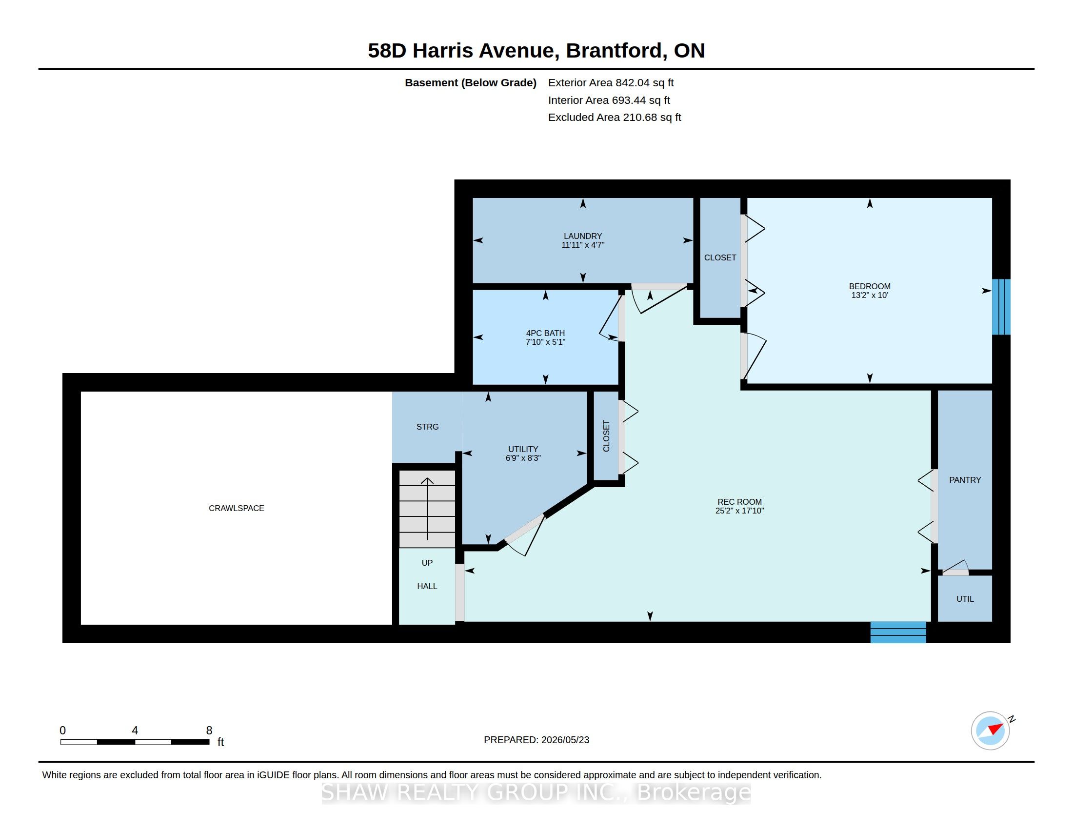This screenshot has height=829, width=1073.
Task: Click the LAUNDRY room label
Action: pyautogui.click(x=583, y=236)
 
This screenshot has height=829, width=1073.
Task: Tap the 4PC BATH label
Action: pyautogui.click(x=545, y=333)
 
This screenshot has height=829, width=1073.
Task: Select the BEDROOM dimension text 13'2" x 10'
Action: pyautogui.click(x=870, y=295)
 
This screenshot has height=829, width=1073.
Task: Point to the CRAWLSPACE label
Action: pyautogui.click(x=237, y=508)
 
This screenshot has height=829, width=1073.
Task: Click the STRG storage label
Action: pyautogui.click(x=427, y=427)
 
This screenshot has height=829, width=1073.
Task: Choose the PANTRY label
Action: pyautogui.click(x=965, y=480)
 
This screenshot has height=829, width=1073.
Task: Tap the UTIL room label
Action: pyautogui.click(x=965, y=599)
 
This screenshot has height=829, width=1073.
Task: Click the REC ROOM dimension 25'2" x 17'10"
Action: pyautogui.click(x=739, y=511)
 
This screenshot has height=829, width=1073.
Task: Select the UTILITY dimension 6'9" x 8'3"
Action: pyautogui.click(x=523, y=458)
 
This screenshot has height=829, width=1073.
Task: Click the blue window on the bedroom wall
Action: pyautogui.click(x=1001, y=307)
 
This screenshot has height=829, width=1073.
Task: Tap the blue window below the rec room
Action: pyautogui.click(x=898, y=632)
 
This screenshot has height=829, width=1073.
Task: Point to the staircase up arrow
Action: pyautogui.click(x=427, y=508)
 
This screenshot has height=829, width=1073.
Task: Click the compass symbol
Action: pyautogui.click(x=991, y=730)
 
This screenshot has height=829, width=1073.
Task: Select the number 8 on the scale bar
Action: pyautogui.click(x=209, y=730)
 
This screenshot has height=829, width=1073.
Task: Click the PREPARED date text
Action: pyautogui.click(x=536, y=740)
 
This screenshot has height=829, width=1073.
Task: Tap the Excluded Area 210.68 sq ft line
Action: pyautogui.click(x=615, y=118)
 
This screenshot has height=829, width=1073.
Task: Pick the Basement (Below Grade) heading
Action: pyautogui.click(x=471, y=83)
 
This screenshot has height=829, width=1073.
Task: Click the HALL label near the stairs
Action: pyautogui.click(x=427, y=586)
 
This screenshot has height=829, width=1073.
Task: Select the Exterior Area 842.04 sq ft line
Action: pyautogui.click(x=611, y=83)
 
